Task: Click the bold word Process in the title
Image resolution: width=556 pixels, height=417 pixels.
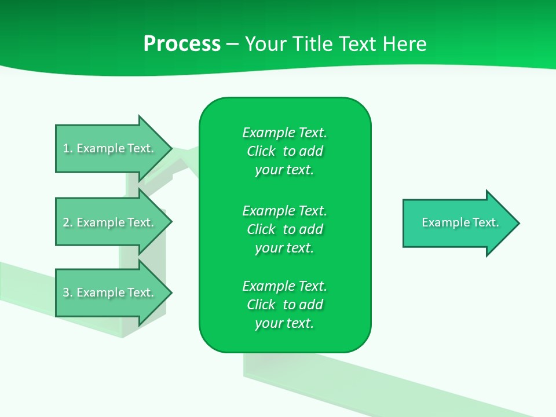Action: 182,44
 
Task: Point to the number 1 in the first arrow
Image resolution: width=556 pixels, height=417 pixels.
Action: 67,148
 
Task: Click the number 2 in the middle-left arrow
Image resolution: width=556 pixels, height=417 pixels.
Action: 67,222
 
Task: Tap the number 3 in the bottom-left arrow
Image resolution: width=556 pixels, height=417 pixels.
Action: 67,292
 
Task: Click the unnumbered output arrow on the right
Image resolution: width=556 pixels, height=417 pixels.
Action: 458,223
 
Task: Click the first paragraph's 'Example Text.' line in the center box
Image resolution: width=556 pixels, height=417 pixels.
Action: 284,133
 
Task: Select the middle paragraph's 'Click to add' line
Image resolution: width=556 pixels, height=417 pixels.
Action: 284,229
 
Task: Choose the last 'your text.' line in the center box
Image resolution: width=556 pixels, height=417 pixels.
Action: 284,323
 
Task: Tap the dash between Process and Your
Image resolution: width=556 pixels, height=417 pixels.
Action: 232,44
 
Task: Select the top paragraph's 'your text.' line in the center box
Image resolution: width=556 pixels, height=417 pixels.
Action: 284,170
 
